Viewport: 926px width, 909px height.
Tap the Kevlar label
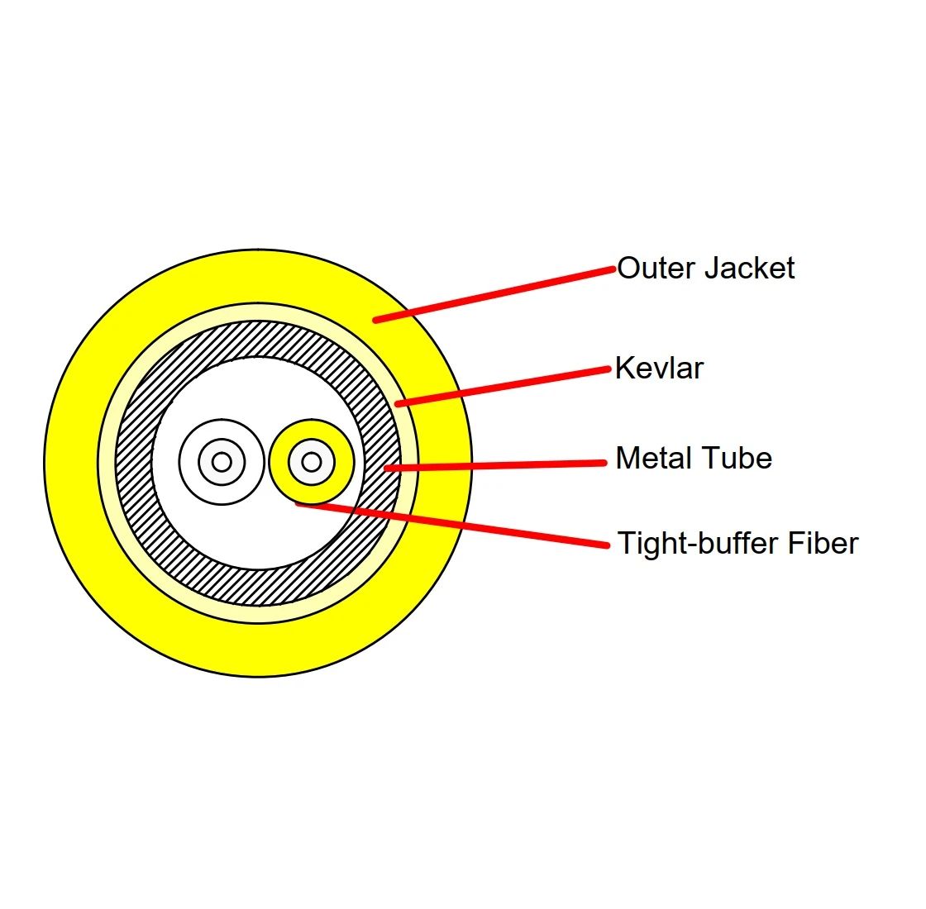659,368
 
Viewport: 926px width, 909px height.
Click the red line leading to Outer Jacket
496,294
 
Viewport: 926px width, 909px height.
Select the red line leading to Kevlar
504,386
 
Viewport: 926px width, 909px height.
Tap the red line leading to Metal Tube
496,465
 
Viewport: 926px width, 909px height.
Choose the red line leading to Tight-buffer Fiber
455,524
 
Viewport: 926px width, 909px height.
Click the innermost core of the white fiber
221,462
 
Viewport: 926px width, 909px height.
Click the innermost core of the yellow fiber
311,462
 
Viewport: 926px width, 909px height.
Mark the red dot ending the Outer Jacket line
375,320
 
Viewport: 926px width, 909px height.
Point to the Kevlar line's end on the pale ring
399,403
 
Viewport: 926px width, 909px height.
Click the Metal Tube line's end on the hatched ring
387,469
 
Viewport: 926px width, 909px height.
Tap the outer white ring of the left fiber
189,462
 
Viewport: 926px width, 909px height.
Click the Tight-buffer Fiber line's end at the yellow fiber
298,502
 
